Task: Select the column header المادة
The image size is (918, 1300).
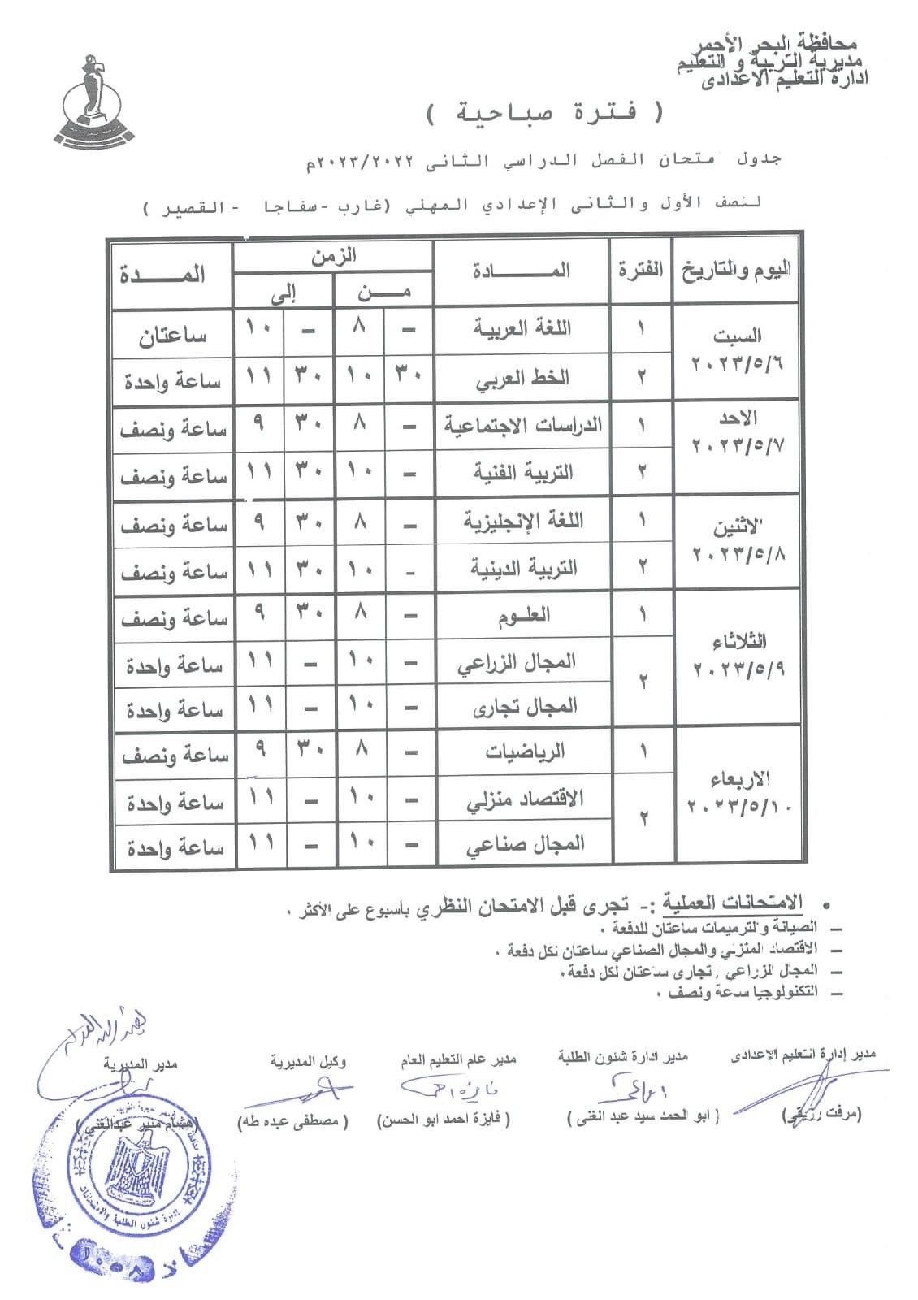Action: tap(522, 271)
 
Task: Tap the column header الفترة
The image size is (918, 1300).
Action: tap(641, 271)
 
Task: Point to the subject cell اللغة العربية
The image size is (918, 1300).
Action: tap(523, 329)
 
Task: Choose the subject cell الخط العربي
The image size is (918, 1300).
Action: tap(523, 378)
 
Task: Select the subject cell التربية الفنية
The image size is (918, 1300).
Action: tap(523, 473)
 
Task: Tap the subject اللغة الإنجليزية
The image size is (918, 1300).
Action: tap(523, 521)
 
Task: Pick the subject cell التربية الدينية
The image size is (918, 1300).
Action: tap(523, 568)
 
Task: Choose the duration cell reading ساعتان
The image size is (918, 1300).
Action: tap(172, 335)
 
